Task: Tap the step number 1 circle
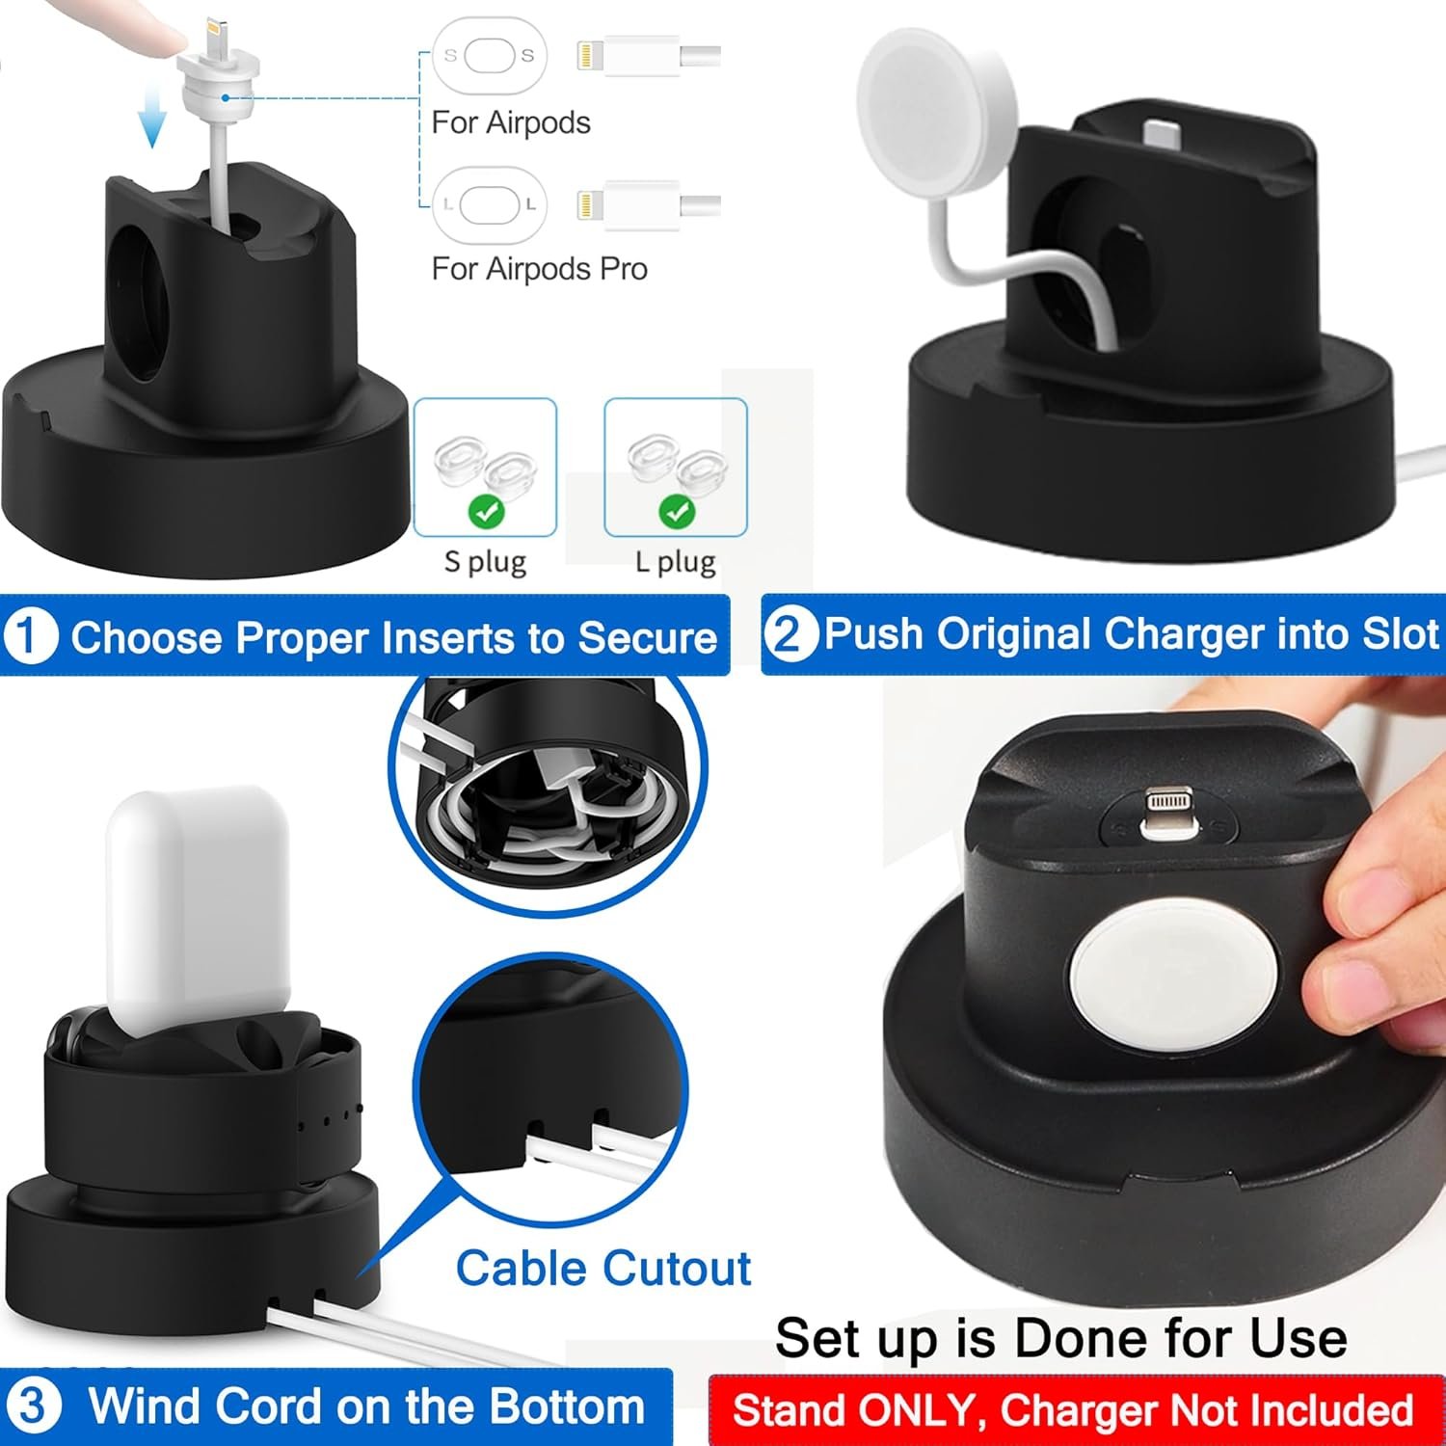click(x=30, y=637)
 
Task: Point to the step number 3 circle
click(x=33, y=1406)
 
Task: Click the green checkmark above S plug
click(x=485, y=511)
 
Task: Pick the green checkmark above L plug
click(x=676, y=511)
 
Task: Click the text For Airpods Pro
click(x=539, y=268)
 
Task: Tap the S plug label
click(x=485, y=561)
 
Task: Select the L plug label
click(x=675, y=561)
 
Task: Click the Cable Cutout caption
click(x=602, y=1268)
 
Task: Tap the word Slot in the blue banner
click(x=1401, y=633)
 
